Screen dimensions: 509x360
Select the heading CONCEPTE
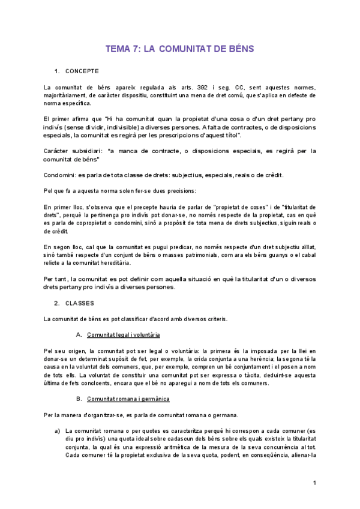[82, 71]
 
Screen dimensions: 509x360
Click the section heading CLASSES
[80, 303]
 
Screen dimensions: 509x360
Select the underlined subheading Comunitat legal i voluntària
[123, 334]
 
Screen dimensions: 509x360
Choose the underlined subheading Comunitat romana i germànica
[128, 399]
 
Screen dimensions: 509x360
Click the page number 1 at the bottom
[314, 483]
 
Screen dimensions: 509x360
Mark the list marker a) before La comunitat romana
[58, 430]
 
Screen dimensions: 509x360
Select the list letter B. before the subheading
[79, 399]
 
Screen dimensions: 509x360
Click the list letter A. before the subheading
[79, 334]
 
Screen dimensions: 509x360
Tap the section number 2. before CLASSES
[56, 303]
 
